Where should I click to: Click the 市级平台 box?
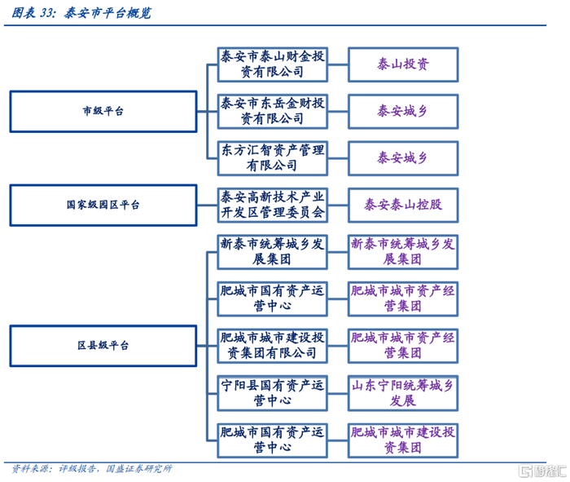point(103,112)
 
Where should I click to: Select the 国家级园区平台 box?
point(103,206)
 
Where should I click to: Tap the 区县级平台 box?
point(103,346)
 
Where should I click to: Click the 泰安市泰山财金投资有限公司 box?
point(273,64)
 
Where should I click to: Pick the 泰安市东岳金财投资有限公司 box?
point(273,112)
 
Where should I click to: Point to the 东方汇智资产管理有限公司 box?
point(273,158)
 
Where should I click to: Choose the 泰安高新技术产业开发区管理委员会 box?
point(273,206)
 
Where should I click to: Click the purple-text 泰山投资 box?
point(403,64)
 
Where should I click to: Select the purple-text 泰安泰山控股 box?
point(403,206)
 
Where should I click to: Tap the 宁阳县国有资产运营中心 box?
point(273,393)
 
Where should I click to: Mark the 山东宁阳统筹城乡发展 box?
point(403,393)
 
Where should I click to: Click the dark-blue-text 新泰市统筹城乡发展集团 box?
point(273,252)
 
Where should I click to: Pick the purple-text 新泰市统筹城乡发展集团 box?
point(403,252)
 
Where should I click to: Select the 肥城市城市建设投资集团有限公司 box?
point(273,346)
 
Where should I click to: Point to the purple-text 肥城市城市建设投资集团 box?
point(403,440)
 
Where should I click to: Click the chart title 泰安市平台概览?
point(107,13)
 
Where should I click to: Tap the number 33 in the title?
point(47,13)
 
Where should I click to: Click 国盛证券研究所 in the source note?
point(139,468)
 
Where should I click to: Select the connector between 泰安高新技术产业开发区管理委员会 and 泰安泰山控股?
point(338,206)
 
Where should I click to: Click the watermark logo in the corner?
point(542,471)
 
